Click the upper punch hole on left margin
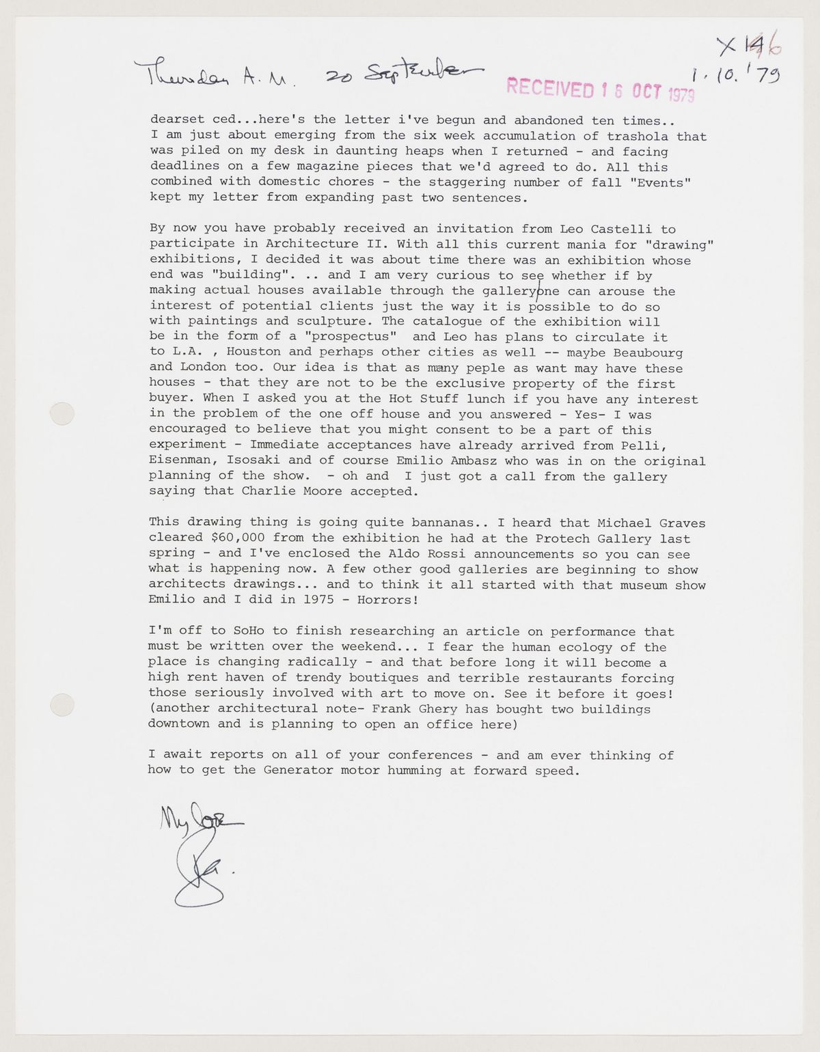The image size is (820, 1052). click(x=62, y=413)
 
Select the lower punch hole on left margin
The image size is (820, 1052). click(x=62, y=703)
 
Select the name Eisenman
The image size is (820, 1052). click(x=180, y=461)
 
